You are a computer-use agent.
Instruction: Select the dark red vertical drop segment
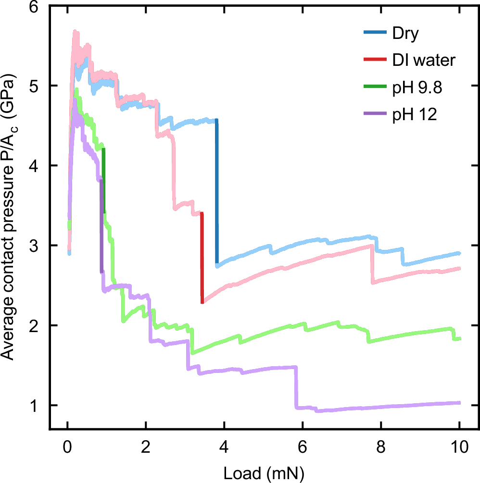click(x=202, y=257)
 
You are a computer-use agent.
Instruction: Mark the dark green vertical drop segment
click(x=103, y=180)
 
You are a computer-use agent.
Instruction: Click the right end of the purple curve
click(x=459, y=403)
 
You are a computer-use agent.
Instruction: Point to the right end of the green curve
click(x=459, y=339)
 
